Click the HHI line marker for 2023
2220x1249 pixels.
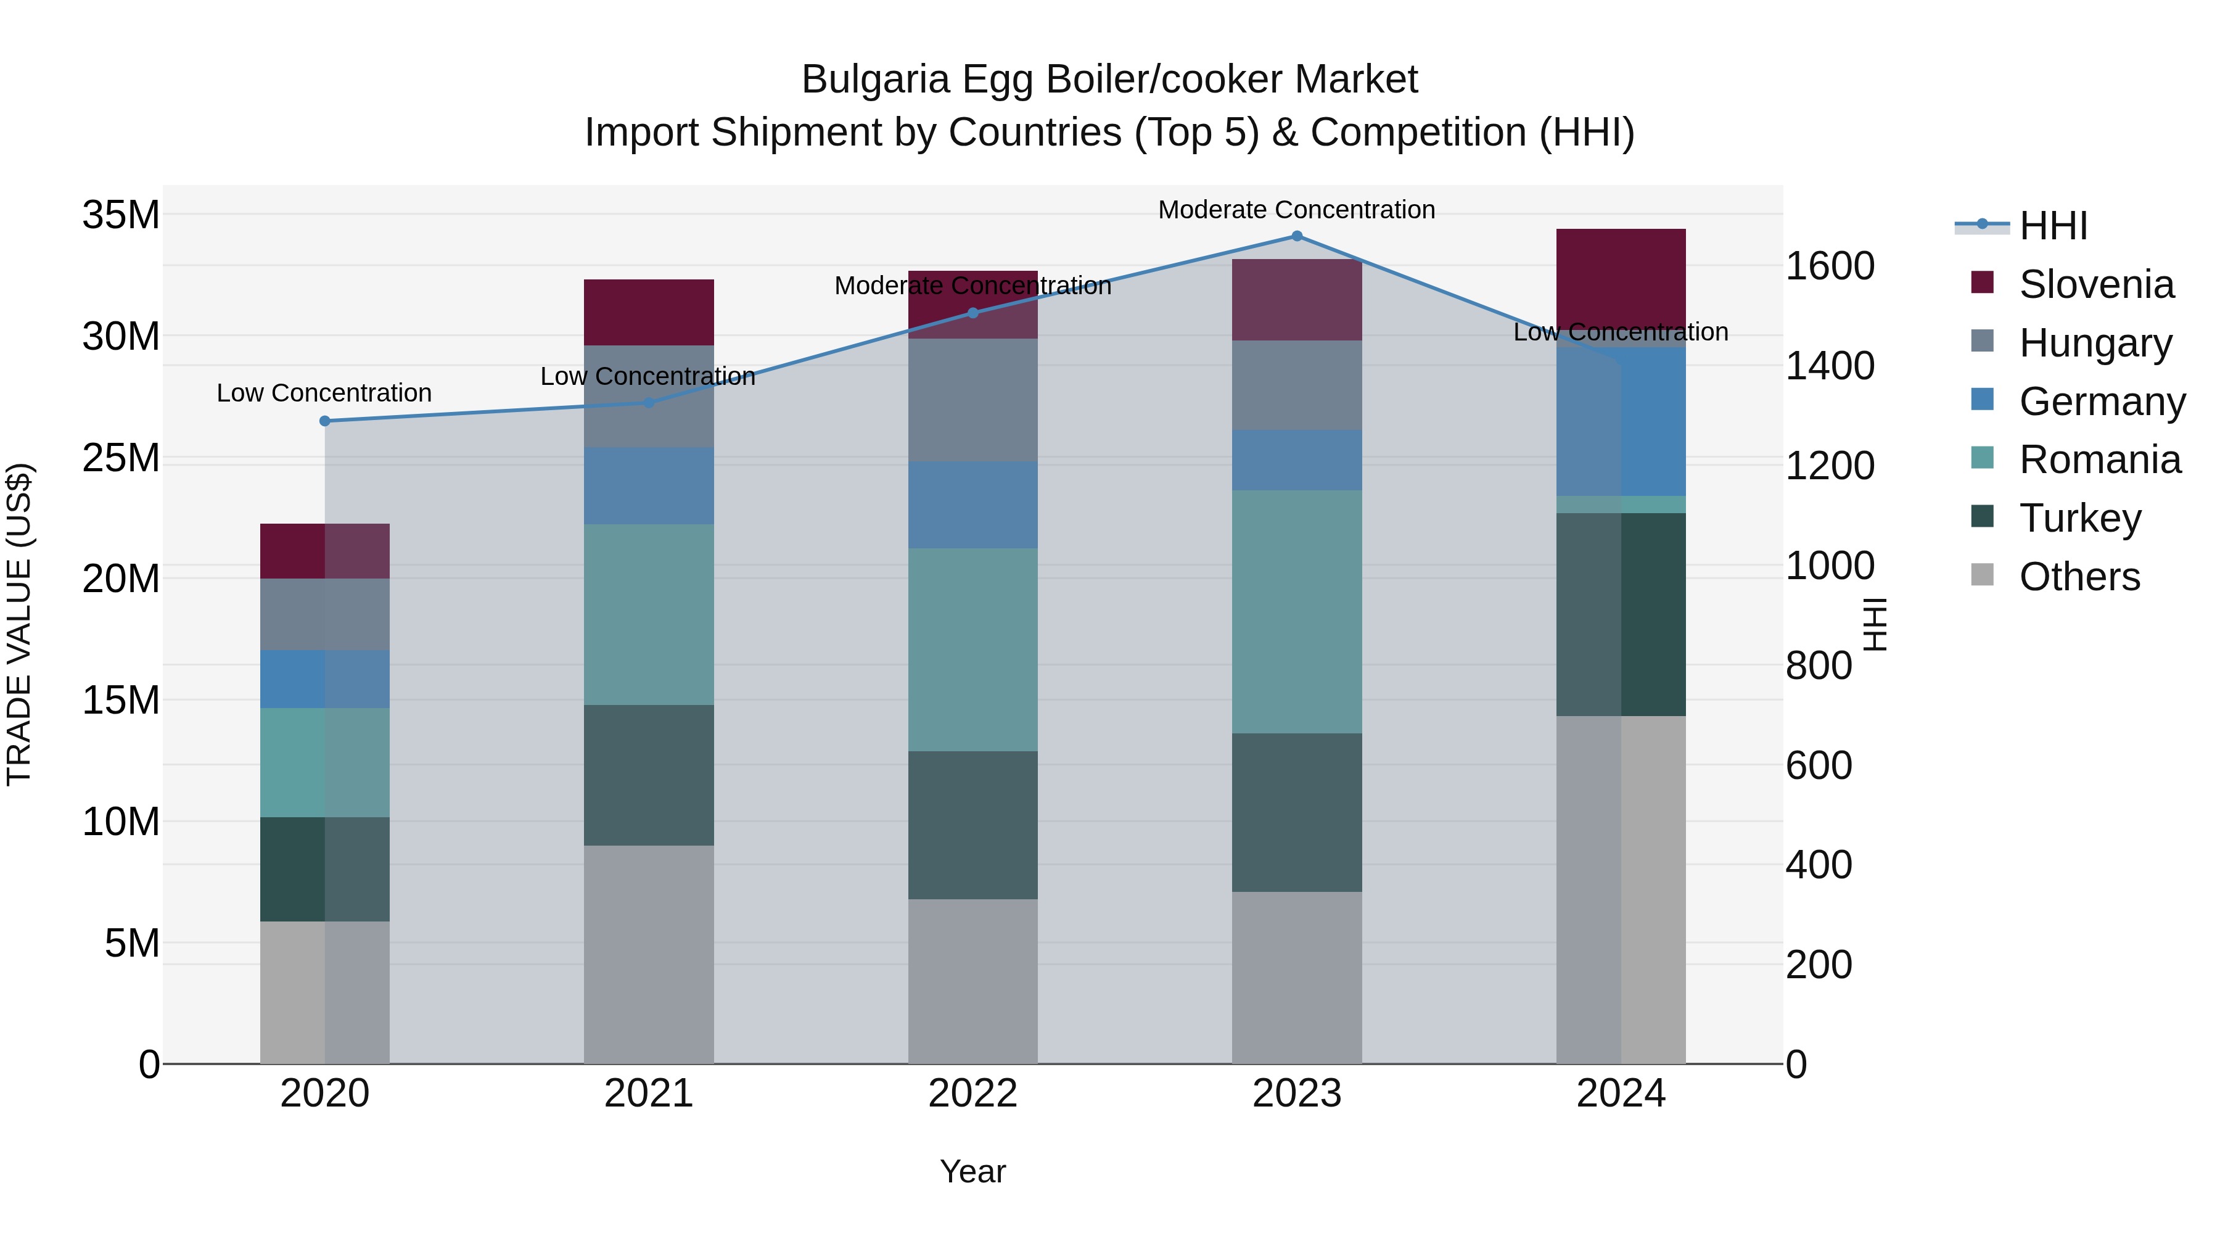pos(1296,236)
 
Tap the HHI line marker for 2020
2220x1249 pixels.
pos(325,421)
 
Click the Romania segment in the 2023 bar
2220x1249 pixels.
pos(1296,612)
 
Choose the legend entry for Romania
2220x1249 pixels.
pos(2099,460)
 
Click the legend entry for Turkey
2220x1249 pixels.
pos(2079,518)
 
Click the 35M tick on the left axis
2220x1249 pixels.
pos(121,215)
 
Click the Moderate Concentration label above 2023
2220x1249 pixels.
pos(1296,210)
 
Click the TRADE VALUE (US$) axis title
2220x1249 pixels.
pos(19,624)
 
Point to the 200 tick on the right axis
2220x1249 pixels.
pos(1819,965)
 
